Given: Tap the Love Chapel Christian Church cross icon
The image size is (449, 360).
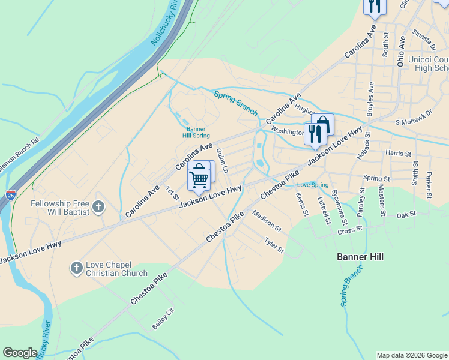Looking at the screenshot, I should (76, 268).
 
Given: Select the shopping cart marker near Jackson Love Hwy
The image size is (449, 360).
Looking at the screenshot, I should (199, 177).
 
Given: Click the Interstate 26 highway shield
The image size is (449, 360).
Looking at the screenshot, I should (11, 195).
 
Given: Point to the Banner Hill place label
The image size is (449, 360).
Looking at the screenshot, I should (359, 257).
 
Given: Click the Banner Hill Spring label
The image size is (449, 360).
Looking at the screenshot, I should (196, 132).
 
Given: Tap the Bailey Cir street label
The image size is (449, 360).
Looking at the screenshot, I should (163, 319).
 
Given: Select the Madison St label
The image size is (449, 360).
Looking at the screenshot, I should (267, 220).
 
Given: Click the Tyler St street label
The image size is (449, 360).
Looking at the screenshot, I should (274, 245).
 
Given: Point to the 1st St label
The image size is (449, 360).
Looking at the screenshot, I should (172, 193).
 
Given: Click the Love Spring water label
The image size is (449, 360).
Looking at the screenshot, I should (313, 185).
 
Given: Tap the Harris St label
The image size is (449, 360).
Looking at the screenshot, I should (399, 154).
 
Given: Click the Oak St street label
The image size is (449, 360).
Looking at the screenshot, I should (406, 214).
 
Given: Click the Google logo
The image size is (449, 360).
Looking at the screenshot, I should (20, 353).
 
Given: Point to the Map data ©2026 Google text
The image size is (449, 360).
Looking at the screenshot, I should (412, 355).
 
